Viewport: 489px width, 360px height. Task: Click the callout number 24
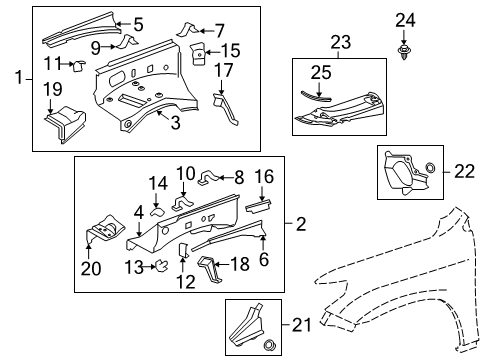pos(405,20)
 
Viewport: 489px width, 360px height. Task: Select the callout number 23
pos(342,43)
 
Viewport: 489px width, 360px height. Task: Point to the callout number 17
pos(223,70)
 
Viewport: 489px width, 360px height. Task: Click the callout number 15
pos(230,50)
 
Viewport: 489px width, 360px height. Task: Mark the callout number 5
pos(138,23)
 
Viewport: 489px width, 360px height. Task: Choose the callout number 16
pos(264,177)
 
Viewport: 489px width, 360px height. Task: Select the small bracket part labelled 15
pos(198,54)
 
